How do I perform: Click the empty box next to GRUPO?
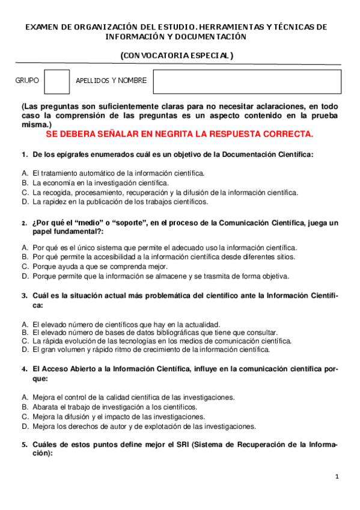coord(58,81)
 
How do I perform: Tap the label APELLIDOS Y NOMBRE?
coord(111,81)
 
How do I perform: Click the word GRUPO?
coord(26,81)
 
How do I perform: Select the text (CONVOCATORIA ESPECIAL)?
coord(177,55)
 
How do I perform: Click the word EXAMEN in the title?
coord(41,27)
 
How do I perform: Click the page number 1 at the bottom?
coord(337,477)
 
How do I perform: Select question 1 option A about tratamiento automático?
coord(118,173)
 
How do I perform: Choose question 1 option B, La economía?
coord(100,182)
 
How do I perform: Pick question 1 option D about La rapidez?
coord(120,201)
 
